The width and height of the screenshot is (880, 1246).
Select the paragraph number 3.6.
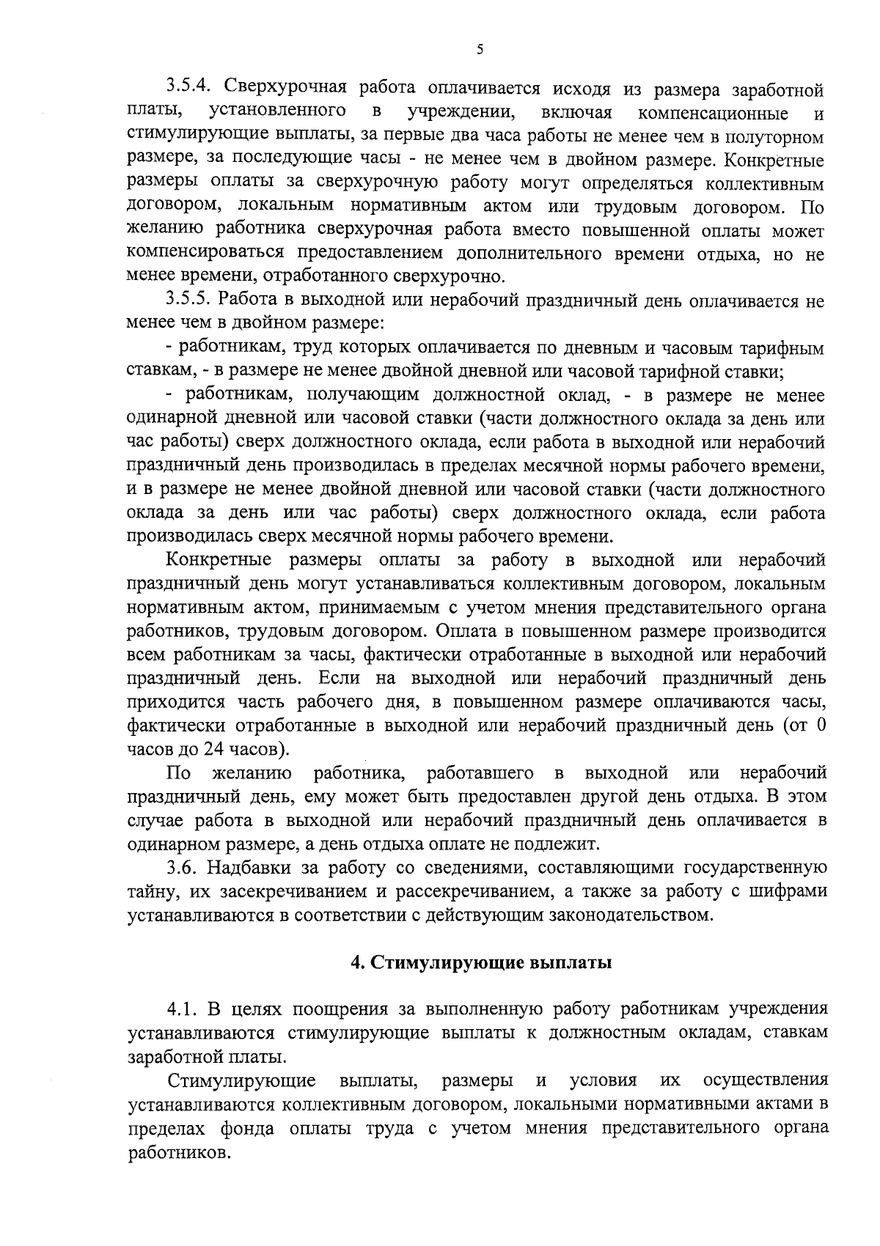183,869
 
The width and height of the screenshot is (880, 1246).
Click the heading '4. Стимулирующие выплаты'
481,962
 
